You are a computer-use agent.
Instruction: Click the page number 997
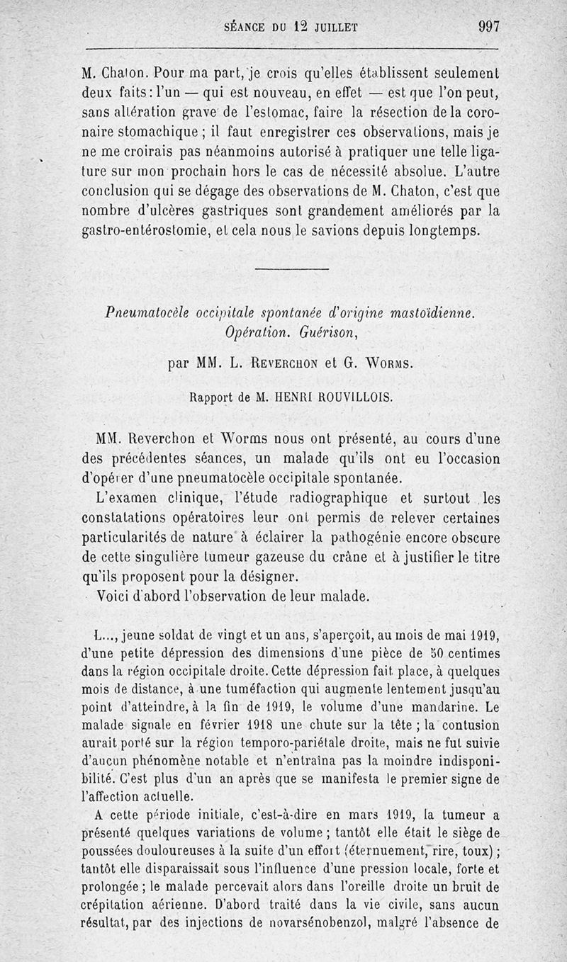490,27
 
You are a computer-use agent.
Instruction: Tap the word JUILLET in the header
333,28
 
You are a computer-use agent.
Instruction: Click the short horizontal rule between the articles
291,268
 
